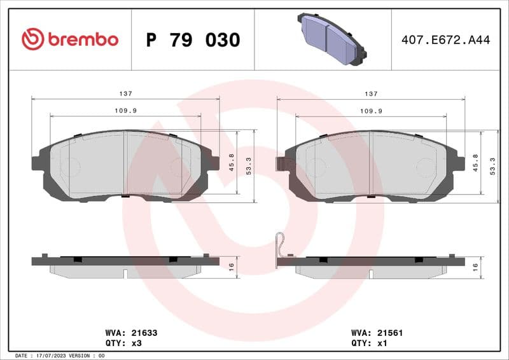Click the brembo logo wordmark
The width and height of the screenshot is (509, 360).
click(70, 39)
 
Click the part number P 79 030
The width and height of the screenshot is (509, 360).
click(193, 40)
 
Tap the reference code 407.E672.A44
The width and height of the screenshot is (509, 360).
click(445, 40)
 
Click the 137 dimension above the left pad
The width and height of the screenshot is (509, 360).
click(126, 93)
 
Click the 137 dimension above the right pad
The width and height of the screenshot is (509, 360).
click(371, 93)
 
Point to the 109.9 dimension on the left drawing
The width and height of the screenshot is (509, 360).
click(126, 111)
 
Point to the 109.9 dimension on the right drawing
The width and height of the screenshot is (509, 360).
click(371, 111)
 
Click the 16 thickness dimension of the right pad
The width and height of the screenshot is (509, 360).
click(475, 266)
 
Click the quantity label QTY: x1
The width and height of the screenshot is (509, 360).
click(369, 343)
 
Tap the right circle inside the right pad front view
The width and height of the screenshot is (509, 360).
click(424, 167)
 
